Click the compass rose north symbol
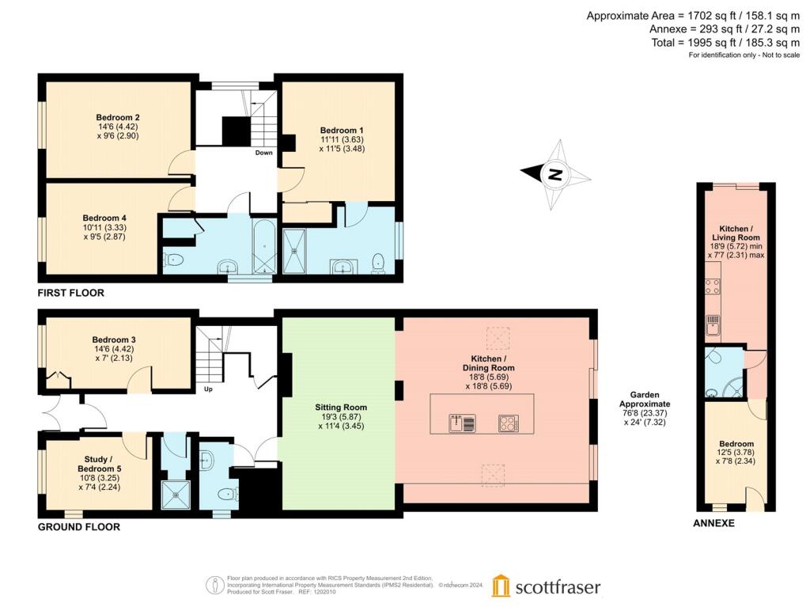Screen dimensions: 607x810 pos(555,175)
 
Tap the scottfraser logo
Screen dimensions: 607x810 pos(546,586)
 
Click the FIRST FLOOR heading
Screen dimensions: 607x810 pos(71,293)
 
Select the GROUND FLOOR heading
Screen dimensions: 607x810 pos(79,526)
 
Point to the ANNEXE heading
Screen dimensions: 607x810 pos(713,523)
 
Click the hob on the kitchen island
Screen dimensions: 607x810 pos(508,423)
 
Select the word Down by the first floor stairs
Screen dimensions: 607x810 pos(264,153)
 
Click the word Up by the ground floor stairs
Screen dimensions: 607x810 pos(208,389)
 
